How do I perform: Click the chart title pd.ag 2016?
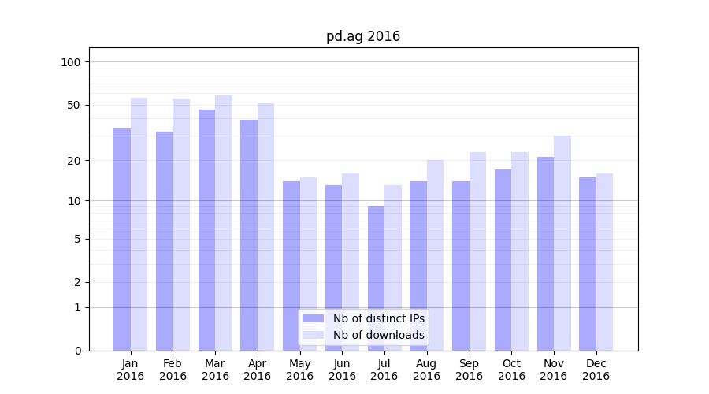pyautogui.click(x=363, y=36)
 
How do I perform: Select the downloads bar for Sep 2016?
pyautogui.click(x=477, y=251)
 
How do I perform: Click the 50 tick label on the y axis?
pyautogui.click(x=74, y=105)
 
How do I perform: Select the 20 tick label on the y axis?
pyautogui.click(x=74, y=161)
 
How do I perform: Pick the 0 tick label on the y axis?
pyautogui.click(x=77, y=351)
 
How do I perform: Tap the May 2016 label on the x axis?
pyautogui.click(x=299, y=370)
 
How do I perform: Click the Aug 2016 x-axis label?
pyautogui.click(x=426, y=370)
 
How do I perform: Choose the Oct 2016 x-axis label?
pyautogui.click(x=511, y=370)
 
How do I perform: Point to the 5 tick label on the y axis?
pyautogui.click(x=77, y=239)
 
